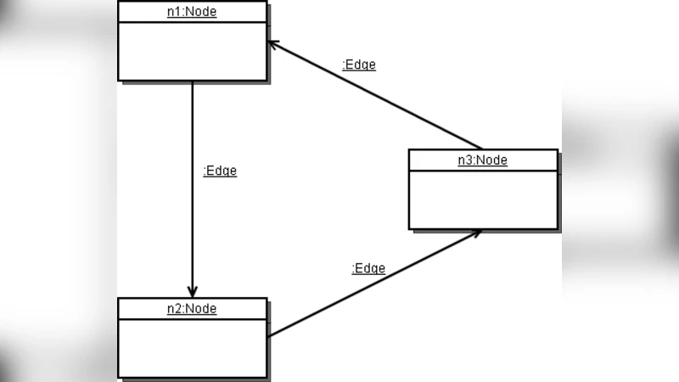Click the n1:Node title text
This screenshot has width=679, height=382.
pyautogui.click(x=192, y=12)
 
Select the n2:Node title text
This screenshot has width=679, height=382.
pyautogui.click(x=192, y=309)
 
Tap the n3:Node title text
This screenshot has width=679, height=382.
pyautogui.click(x=483, y=160)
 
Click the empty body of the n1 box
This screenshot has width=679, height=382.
pyautogui.click(x=192, y=52)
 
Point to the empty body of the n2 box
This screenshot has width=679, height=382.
pyautogui.click(x=192, y=348)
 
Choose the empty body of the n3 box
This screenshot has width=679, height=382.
pyautogui.click(x=483, y=200)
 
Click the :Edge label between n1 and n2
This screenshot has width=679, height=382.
pyautogui.click(x=220, y=171)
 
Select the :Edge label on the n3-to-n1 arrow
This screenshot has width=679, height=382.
pyautogui.click(x=358, y=65)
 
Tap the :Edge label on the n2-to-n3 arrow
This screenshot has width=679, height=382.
pyautogui.click(x=368, y=268)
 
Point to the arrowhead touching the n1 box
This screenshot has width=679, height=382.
pyautogui.click(x=273, y=43)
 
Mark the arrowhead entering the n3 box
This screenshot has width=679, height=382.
pyautogui.click(x=476, y=233)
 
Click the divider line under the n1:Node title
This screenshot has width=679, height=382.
pyautogui.click(x=192, y=23)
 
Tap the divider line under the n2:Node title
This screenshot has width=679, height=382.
pyautogui.click(x=192, y=320)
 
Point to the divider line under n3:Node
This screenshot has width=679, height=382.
pyautogui.click(x=483, y=171)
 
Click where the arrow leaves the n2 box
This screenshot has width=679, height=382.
pyautogui.click(x=268, y=336)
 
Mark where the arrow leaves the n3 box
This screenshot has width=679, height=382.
pyautogui.click(x=481, y=149)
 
